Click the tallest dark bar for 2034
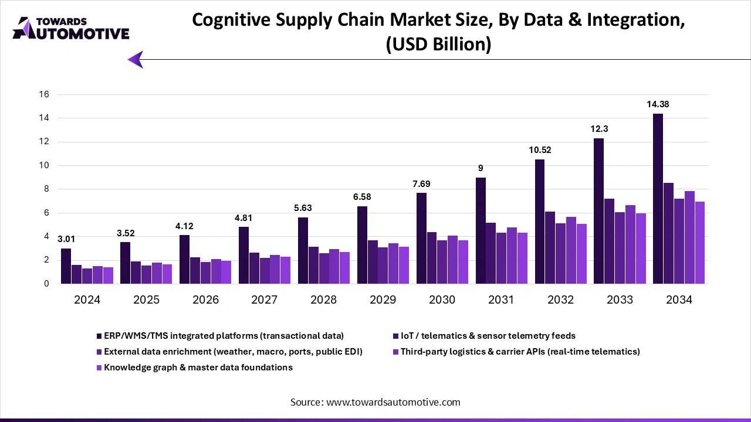pyautogui.click(x=658, y=199)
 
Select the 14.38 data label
pyautogui.click(x=657, y=104)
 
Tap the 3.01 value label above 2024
pyautogui.click(x=66, y=239)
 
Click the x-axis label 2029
pyautogui.click(x=383, y=300)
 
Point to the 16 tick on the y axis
pyautogui.click(x=43, y=94)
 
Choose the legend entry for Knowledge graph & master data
pyautogui.click(x=198, y=367)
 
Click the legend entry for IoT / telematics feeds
pyautogui.click(x=488, y=336)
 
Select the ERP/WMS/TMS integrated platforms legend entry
pyautogui.click(x=224, y=336)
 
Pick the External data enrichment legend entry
pyautogui.click(x=233, y=352)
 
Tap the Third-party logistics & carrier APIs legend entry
pyautogui.click(x=520, y=352)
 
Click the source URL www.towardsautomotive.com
pyautogui.click(x=393, y=402)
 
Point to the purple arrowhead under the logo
pyautogui.click(x=136, y=59)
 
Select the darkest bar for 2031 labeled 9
pyautogui.click(x=481, y=230)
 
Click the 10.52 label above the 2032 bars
pyautogui.click(x=539, y=150)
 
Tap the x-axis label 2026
pyautogui.click(x=205, y=300)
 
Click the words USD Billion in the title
pyautogui.click(x=438, y=45)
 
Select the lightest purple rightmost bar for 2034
pyautogui.click(x=699, y=243)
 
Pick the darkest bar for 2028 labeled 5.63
pyautogui.click(x=303, y=250)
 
